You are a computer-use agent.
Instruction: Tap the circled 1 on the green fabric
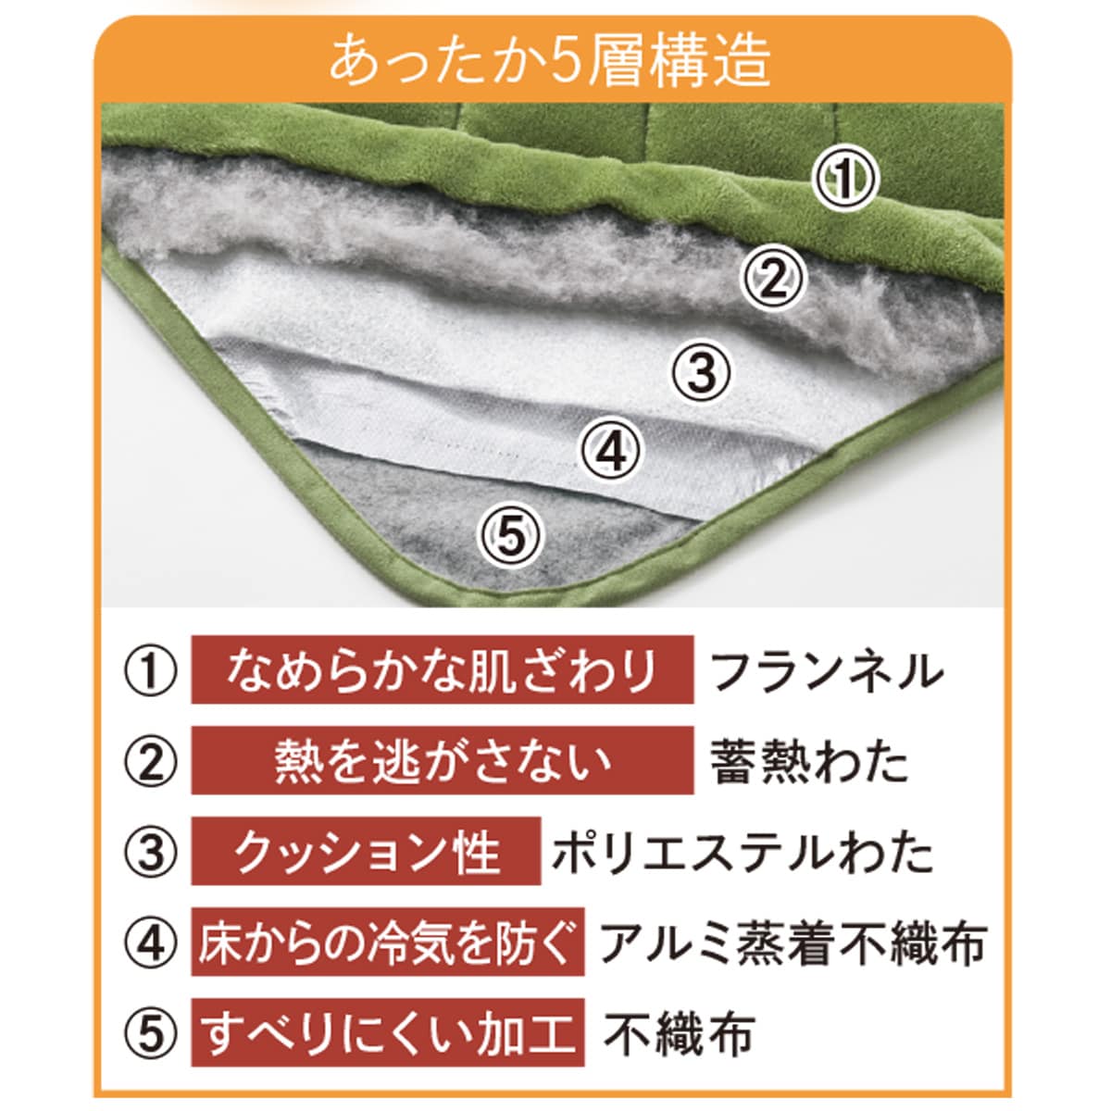pyautogui.click(x=844, y=179)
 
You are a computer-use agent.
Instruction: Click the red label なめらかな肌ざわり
pyautogui.click(x=443, y=670)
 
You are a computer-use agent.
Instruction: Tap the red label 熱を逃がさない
pyautogui.click(x=443, y=760)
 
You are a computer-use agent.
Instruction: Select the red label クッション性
pyautogui.click(x=366, y=851)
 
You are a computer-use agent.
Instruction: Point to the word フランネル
pyautogui.click(x=826, y=670)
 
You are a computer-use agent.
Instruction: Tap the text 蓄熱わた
pyautogui.click(x=809, y=760)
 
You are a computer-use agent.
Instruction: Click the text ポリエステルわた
pyautogui.click(x=742, y=852)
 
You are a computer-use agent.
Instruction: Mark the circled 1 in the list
pyautogui.click(x=151, y=670)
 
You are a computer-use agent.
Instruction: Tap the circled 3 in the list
pyautogui.click(x=151, y=852)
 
